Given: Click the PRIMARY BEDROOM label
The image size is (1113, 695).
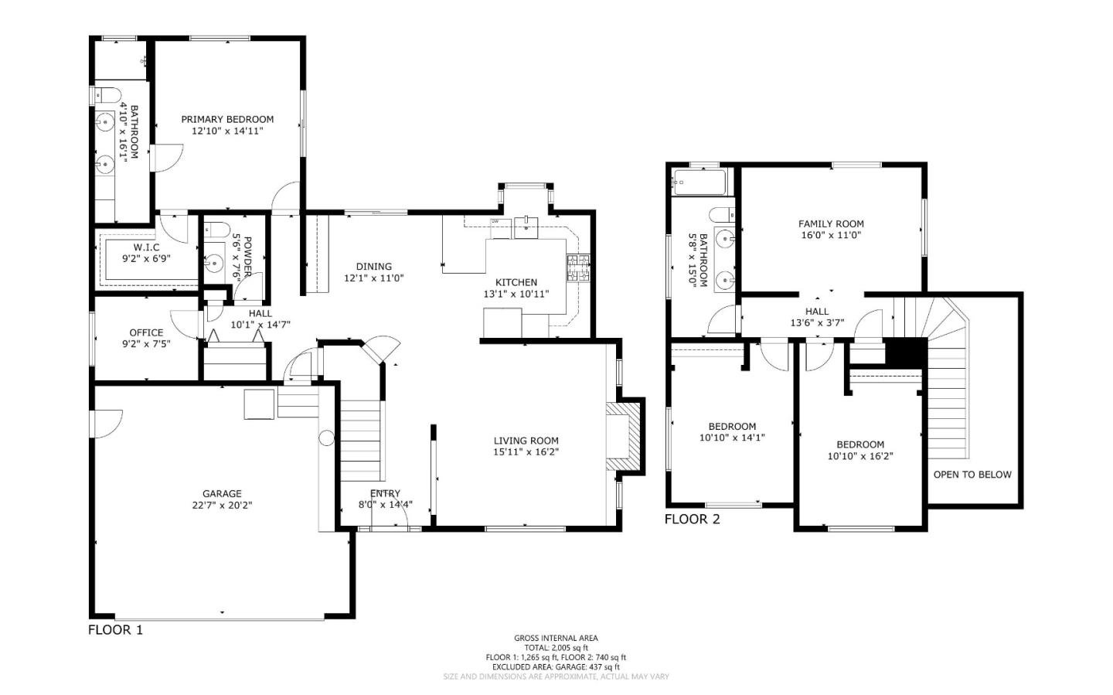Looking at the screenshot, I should coord(227,119).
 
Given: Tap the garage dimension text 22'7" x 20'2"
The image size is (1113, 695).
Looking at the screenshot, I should coord(222,505).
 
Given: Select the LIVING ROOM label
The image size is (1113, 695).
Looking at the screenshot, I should coord(526,441).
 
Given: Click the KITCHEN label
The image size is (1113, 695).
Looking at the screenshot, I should coord(516,282).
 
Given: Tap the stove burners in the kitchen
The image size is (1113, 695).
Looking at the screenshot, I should coord(578,267).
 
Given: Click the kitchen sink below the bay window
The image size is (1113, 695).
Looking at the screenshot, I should coord(527,225).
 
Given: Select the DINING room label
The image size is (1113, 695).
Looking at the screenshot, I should coord(373,267).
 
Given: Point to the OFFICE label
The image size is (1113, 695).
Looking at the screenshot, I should coord(146,332).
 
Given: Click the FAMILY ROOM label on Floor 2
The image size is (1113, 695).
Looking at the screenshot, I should coord(831,223).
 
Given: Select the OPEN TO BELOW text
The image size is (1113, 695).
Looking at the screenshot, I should coord(972,474).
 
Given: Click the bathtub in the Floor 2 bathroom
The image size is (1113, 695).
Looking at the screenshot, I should coord(699,183).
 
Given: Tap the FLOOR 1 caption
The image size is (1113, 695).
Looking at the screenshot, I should coord(115,629).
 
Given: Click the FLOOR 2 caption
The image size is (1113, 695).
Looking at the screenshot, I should coord(692,519).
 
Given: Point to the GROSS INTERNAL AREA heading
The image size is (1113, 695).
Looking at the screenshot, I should coord(556,638).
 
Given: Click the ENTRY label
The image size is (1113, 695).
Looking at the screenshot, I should coord(385,493).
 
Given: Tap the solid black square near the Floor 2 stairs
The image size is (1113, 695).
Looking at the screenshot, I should coord(905,353).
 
